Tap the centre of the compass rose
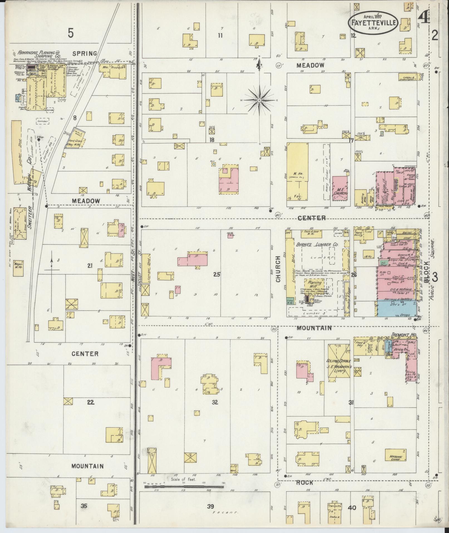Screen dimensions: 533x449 (259, 99)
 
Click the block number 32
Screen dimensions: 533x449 (215, 402)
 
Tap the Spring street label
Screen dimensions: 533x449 (85, 53)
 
